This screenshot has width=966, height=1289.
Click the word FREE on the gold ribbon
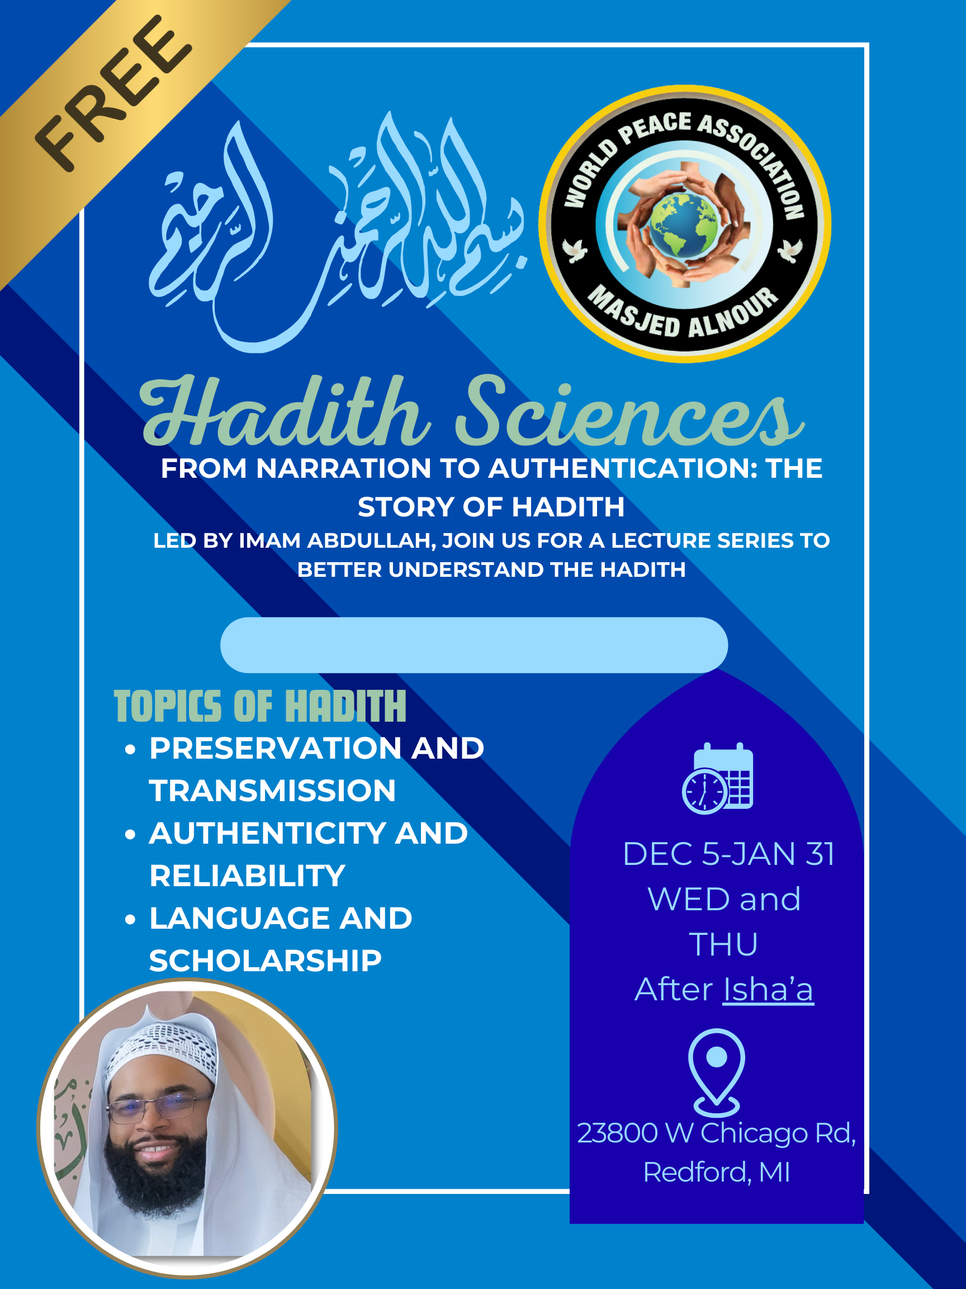tap(113, 93)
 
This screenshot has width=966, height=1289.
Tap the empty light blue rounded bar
tap(474, 645)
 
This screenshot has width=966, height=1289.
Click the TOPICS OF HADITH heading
tap(260, 706)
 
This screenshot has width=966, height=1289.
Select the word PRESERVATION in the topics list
tap(276, 748)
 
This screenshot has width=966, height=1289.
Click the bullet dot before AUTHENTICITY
tap(130, 835)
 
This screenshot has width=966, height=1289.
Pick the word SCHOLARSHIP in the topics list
tap(266, 961)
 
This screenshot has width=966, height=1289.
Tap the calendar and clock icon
tap(718, 778)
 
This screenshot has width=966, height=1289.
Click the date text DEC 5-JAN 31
tap(729, 854)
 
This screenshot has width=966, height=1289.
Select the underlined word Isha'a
tap(768, 990)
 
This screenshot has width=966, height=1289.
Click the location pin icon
tap(716, 1072)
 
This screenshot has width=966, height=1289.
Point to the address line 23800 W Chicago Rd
tap(716, 1133)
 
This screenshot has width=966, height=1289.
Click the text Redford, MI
tap(717, 1172)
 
